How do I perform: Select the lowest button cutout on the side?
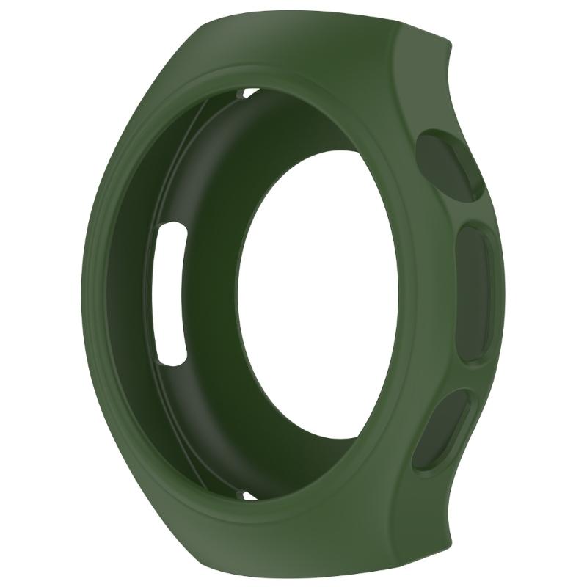pos(438,429)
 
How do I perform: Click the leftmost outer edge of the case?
pos(82,293)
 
